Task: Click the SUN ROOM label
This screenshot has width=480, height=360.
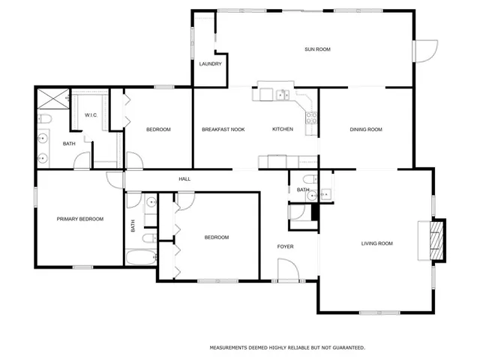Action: (317, 49)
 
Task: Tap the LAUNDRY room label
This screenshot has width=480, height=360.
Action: (210, 64)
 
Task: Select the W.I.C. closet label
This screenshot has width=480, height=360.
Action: (91, 115)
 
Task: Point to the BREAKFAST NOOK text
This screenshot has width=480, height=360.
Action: (223, 130)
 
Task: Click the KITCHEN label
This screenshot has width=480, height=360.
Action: (282, 130)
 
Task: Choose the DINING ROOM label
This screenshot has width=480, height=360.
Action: (366, 130)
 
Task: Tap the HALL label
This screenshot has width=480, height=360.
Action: (184, 179)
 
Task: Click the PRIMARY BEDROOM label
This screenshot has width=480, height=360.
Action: (80, 219)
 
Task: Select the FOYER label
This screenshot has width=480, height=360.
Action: (286, 246)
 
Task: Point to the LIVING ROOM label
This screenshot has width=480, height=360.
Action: (377, 243)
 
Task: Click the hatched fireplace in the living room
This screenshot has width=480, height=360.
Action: (435, 240)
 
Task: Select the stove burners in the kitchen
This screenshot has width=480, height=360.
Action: (312, 118)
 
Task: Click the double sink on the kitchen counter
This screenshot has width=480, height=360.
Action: (282, 94)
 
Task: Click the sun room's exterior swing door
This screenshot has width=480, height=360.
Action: (424, 51)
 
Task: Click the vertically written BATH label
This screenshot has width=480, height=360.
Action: (133, 224)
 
